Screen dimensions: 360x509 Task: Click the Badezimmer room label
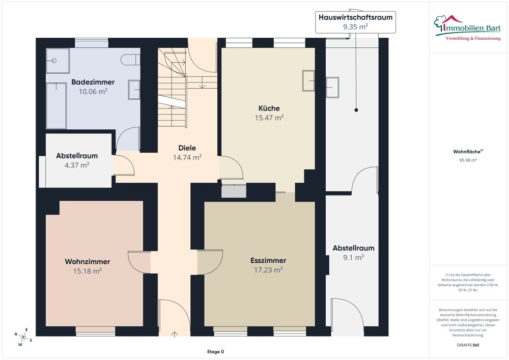[x=93, y=82]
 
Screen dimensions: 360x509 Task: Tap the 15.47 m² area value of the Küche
[x=269, y=118]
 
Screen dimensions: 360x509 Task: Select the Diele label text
[x=187, y=148]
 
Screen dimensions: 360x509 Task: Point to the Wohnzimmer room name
[x=87, y=262]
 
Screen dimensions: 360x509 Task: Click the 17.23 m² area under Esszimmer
[x=268, y=270]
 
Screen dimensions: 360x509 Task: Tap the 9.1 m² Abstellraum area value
[x=353, y=258]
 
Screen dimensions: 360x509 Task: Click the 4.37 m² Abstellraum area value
[x=77, y=165]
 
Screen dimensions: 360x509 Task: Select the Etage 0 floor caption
[x=215, y=352]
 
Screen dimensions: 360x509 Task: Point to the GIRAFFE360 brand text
[x=468, y=345]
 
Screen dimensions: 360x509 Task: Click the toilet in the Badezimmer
[x=131, y=60]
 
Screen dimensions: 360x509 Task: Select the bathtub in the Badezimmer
[x=56, y=105]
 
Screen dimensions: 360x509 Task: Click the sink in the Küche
[x=308, y=80]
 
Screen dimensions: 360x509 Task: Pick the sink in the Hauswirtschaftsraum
[x=332, y=87]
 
